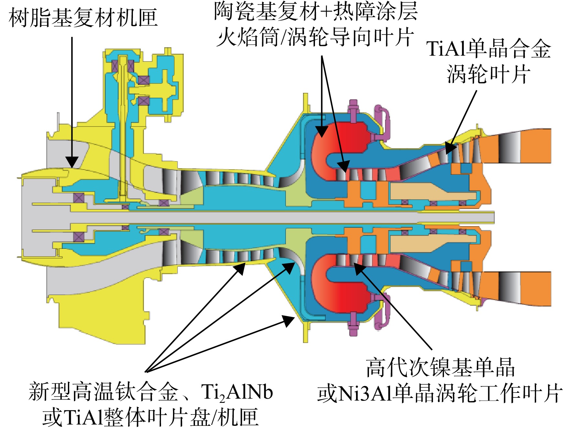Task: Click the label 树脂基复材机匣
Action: [x=83, y=18]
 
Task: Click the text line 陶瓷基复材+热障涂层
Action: [x=316, y=12]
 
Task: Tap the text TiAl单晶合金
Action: [x=489, y=49]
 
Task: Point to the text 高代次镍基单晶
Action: [x=440, y=368]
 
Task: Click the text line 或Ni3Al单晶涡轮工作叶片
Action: [x=440, y=393]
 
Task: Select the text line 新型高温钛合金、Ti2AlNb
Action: [x=151, y=392]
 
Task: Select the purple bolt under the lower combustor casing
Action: [x=353, y=324]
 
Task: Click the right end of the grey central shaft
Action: [x=494, y=217]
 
